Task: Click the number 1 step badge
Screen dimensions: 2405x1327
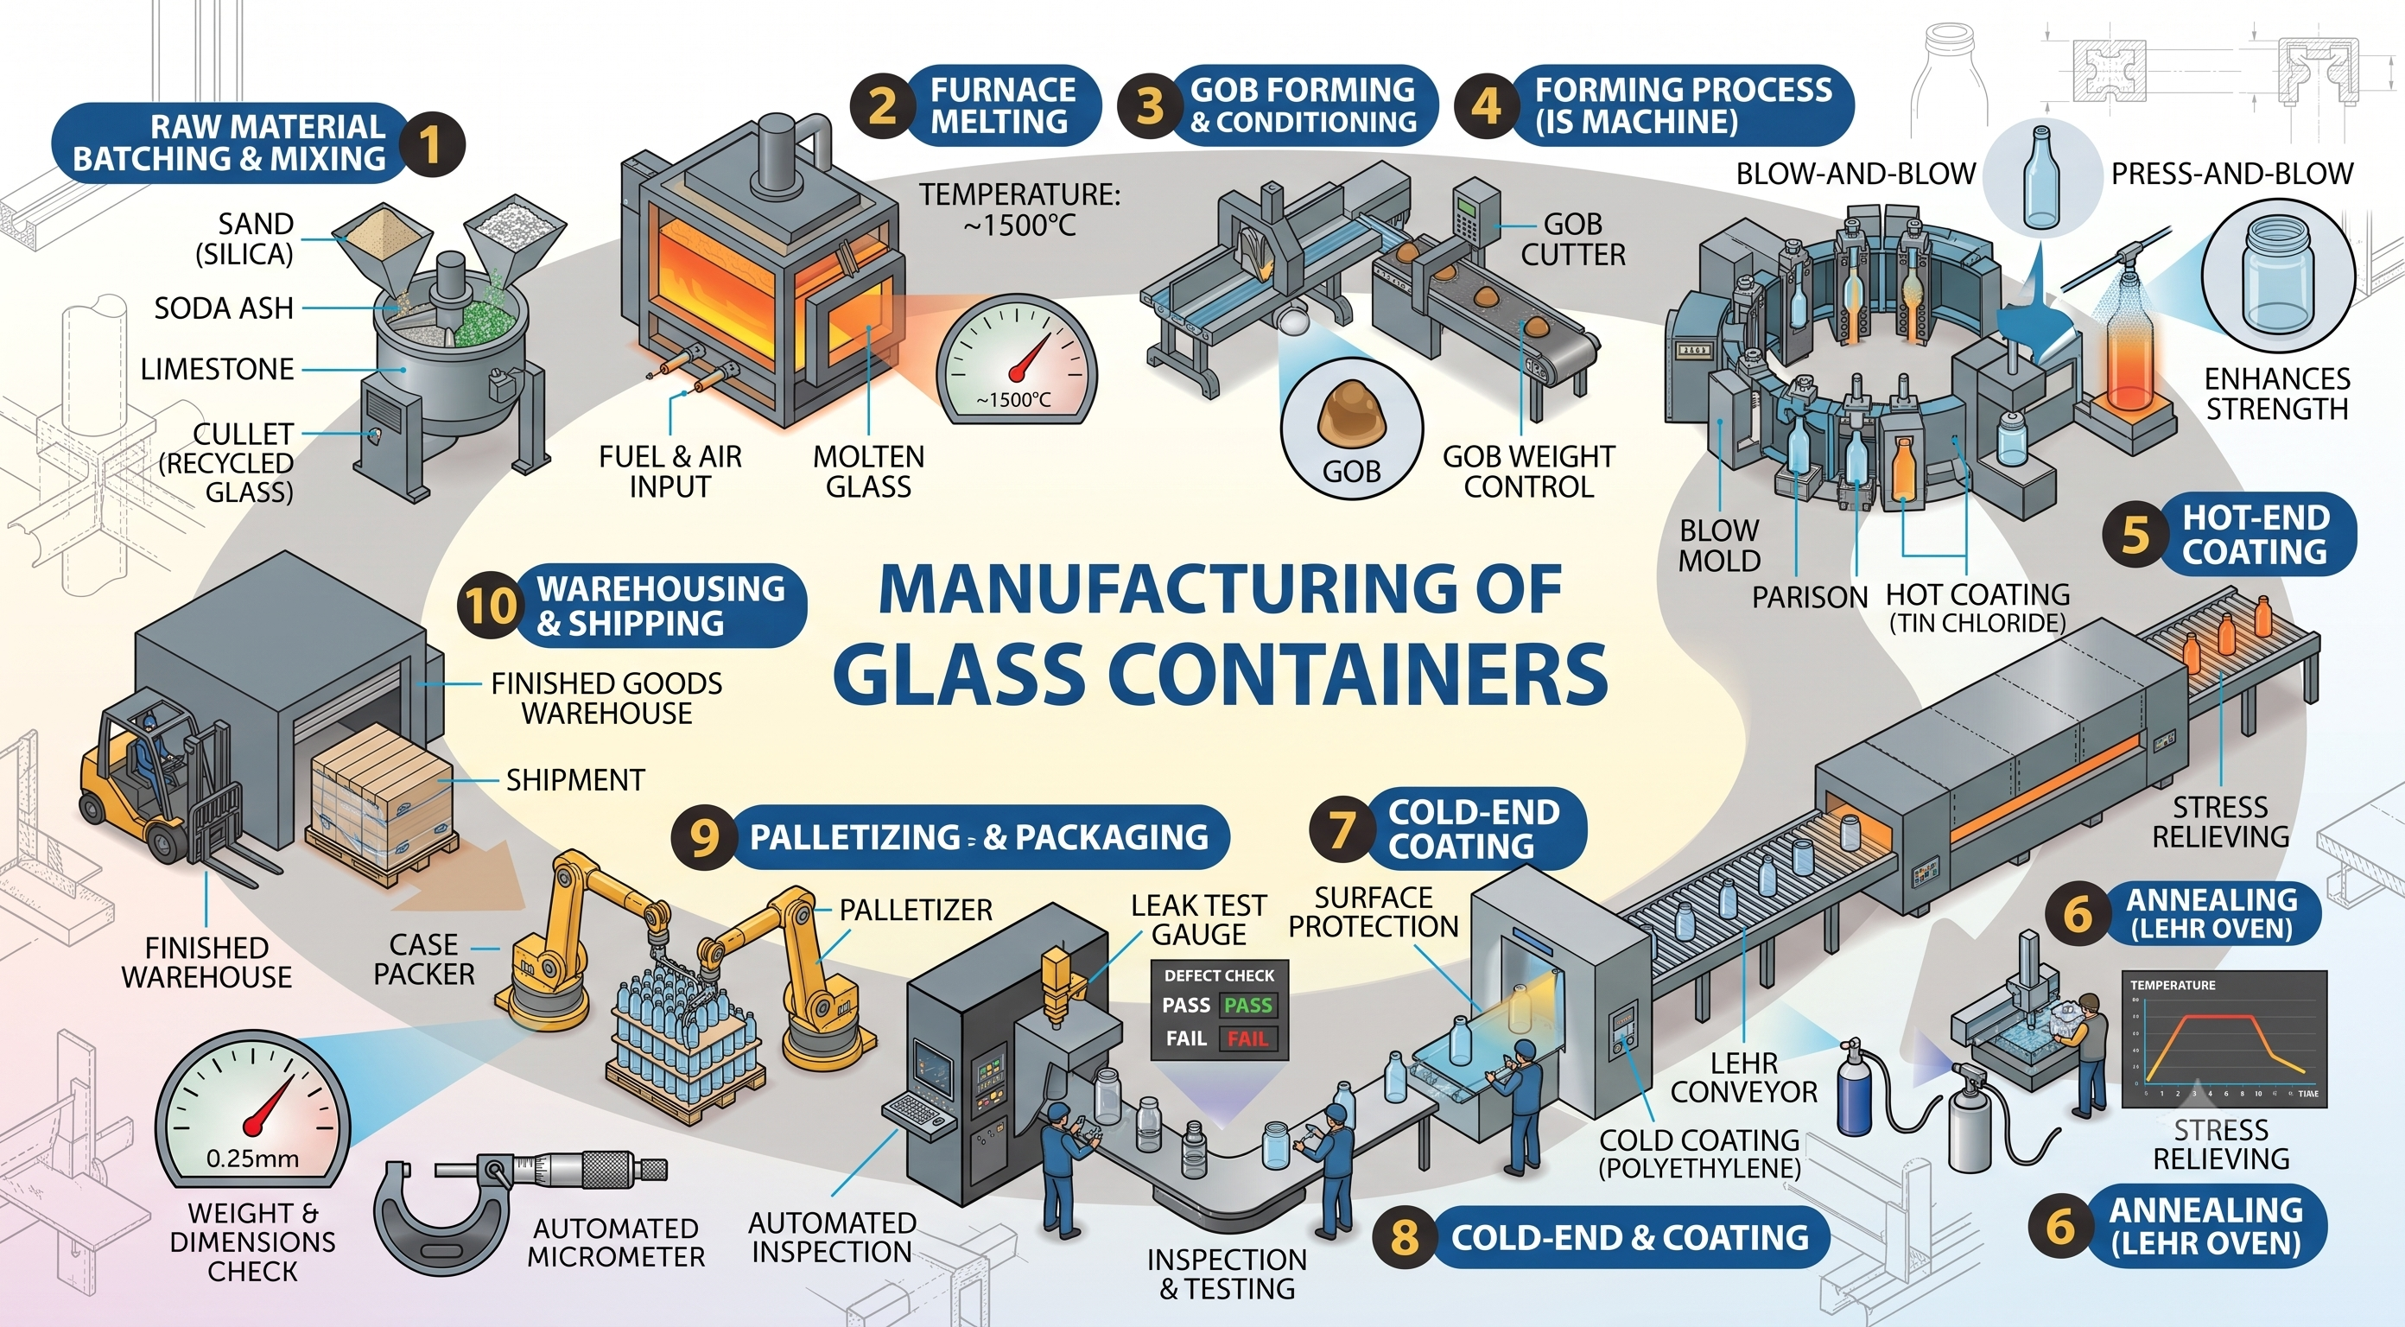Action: pyautogui.click(x=430, y=145)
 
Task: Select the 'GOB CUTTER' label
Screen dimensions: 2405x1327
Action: pyautogui.click(x=1573, y=239)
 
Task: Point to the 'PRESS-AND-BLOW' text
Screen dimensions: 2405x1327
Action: pyautogui.click(x=2232, y=174)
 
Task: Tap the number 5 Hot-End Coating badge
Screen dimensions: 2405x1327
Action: pyautogui.click(x=2135, y=535)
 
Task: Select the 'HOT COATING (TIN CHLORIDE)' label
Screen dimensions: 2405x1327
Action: pyautogui.click(x=1977, y=608)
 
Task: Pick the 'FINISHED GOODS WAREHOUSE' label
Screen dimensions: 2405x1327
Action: pyautogui.click(x=606, y=699)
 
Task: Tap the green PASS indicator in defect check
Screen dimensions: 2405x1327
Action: pyautogui.click(x=1247, y=1005)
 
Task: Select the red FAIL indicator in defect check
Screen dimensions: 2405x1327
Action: pyautogui.click(x=1247, y=1038)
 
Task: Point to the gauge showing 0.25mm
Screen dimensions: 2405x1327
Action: pyautogui.click(x=251, y=1110)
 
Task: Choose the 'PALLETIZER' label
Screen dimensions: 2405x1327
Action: pyautogui.click(x=916, y=910)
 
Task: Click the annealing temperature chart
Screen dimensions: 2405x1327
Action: pyautogui.click(x=2223, y=1038)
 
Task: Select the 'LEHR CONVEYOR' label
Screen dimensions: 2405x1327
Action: pyautogui.click(x=1744, y=1077)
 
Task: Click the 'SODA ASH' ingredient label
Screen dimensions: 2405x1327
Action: pyautogui.click(x=224, y=308)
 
